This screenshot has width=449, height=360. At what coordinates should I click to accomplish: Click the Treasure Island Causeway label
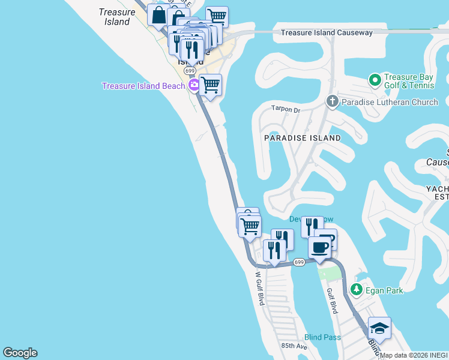327,32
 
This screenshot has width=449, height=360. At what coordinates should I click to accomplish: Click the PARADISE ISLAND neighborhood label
303,138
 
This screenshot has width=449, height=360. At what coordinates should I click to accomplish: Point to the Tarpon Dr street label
285,110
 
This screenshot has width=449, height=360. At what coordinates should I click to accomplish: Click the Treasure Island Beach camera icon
194,86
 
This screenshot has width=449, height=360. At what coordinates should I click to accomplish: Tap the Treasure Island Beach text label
143,86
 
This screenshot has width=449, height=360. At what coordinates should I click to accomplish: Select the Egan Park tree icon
356,290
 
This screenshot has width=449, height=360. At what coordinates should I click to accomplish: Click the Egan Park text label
384,290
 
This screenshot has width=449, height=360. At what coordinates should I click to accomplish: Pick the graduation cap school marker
379,328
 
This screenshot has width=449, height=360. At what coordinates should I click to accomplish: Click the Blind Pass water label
322,337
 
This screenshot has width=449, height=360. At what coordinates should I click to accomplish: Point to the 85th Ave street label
294,347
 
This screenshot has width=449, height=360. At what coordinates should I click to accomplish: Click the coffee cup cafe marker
319,247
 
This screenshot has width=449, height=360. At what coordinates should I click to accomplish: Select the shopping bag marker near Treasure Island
158,14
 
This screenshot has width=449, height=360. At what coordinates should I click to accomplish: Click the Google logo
20,353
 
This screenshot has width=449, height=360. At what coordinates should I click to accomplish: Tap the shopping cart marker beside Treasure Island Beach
211,85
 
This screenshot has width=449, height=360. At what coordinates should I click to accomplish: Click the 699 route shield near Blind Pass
300,262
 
